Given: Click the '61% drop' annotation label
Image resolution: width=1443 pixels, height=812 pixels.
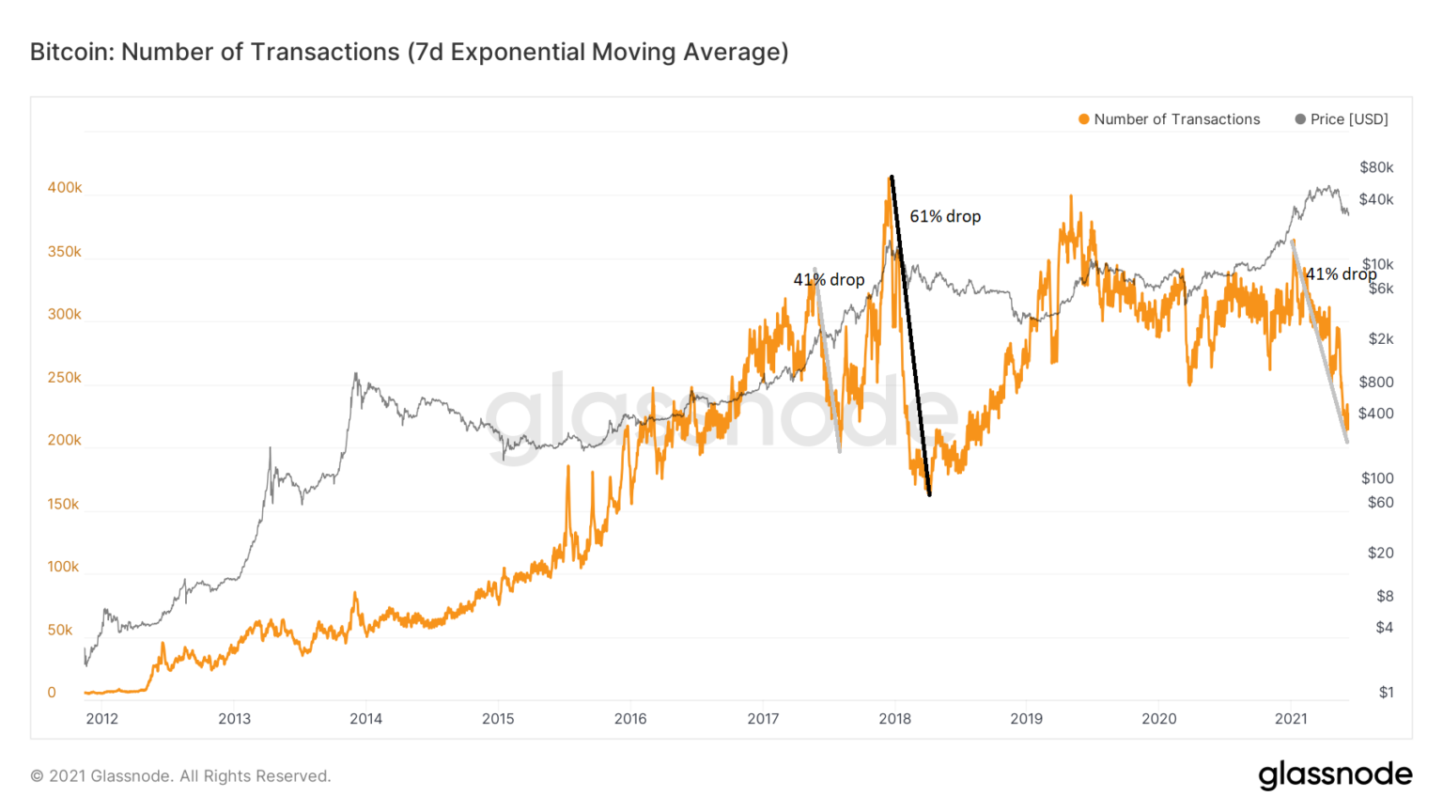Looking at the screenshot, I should (945, 216).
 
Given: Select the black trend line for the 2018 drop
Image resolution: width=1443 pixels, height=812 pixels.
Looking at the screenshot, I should (910, 336).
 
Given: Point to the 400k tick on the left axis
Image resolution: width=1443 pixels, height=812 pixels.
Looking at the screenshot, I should (65, 188).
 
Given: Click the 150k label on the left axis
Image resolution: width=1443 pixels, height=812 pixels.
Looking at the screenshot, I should (64, 504).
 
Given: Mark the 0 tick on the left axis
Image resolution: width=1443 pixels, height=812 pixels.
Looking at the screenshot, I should (52, 693).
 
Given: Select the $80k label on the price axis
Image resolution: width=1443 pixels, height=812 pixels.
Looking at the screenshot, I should (1376, 167).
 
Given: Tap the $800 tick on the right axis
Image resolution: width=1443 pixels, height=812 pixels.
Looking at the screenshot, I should (1376, 382).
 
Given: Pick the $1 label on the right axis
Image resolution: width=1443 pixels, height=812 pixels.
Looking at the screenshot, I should (1386, 693).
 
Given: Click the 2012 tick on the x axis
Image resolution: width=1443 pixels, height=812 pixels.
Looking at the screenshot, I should (102, 719).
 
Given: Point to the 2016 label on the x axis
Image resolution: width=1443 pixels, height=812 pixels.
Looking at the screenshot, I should (630, 719).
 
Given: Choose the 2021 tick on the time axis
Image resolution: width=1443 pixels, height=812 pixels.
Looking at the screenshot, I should (1291, 719).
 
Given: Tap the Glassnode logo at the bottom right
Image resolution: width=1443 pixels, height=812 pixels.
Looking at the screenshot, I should (1335, 774).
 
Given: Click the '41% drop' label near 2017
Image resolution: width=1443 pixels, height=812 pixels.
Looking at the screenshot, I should (829, 280).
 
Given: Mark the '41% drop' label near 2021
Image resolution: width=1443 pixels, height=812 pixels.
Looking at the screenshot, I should (1341, 274).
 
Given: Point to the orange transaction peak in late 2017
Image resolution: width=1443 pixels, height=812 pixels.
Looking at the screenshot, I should (890, 179).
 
